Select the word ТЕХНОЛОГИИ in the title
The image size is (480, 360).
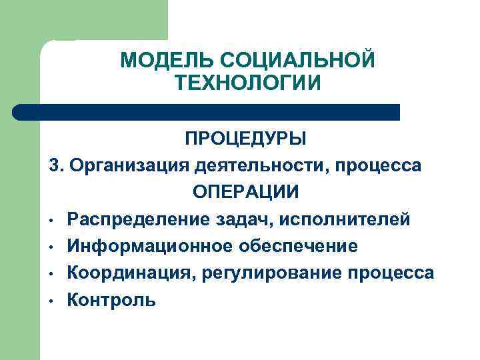(x=248, y=83)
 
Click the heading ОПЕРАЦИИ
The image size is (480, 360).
(x=246, y=192)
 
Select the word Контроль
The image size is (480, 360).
(x=111, y=300)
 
